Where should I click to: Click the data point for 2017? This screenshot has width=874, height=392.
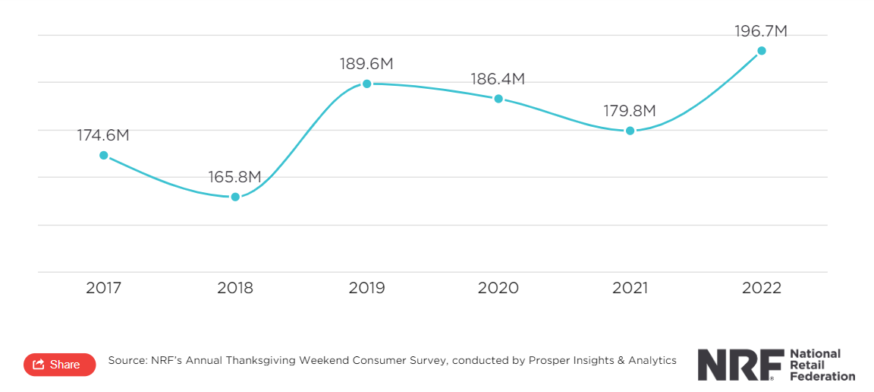tap(104, 155)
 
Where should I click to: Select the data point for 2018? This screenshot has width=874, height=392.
tap(235, 197)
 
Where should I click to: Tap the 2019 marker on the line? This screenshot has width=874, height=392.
tap(366, 84)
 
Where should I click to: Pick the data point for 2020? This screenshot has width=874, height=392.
tap(498, 99)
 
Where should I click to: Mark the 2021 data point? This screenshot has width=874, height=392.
tap(630, 131)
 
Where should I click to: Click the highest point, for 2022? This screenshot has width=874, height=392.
tap(762, 51)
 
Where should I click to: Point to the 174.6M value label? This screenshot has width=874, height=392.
tap(103, 135)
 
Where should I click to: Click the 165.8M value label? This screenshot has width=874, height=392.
tap(235, 177)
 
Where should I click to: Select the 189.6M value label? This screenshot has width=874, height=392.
tap(366, 64)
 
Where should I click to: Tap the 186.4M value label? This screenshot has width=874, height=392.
tap(498, 79)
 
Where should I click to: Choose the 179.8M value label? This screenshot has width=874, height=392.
tap(630, 111)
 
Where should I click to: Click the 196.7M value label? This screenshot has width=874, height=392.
tap(761, 31)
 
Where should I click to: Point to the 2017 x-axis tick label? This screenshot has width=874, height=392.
tap(104, 288)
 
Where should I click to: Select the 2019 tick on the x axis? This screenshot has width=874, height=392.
tap(366, 288)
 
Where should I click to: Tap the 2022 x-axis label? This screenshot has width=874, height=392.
tap(762, 288)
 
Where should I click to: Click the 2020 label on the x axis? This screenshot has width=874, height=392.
tap(498, 288)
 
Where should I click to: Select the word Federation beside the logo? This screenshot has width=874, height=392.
tap(822, 376)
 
